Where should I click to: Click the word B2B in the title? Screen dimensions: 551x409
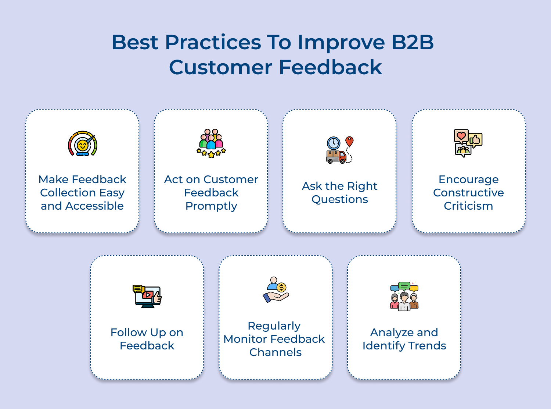[x=413, y=42]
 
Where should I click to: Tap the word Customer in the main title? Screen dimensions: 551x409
[x=221, y=67]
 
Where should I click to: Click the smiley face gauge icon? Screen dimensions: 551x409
[x=83, y=143]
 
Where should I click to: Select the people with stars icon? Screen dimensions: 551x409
[x=211, y=143]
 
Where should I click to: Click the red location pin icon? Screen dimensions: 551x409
[x=349, y=141]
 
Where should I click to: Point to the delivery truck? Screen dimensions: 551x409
[x=336, y=157]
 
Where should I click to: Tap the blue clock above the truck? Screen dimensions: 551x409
[x=334, y=143]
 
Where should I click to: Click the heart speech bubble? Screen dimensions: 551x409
[x=461, y=136]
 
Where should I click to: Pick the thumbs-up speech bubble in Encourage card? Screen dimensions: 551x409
[x=475, y=140]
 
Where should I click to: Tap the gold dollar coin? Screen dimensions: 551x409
[x=281, y=288]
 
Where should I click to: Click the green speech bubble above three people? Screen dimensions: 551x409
[x=404, y=286]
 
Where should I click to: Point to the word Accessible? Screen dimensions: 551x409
[x=94, y=206]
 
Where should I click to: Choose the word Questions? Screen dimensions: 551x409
[x=339, y=199]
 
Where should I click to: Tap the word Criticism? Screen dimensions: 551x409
[x=468, y=206]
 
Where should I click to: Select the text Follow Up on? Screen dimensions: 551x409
[x=147, y=332]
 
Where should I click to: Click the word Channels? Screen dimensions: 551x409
[x=275, y=352]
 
